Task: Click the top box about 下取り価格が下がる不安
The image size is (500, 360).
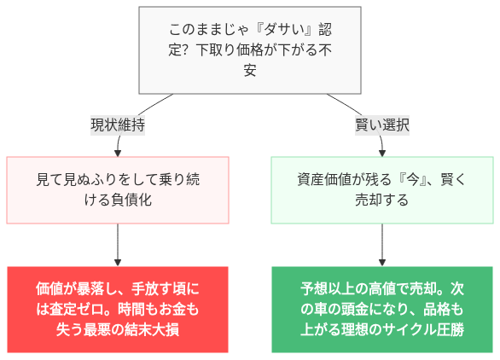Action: pyautogui.click(x=249, y=49)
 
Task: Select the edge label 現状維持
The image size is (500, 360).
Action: pyautogui.click(x=117, y=125)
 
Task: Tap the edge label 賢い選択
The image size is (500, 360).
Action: pyautogui.click(x=382, y=125)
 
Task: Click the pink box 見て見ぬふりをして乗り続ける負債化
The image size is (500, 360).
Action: pyautogui.click(x=118, y=190)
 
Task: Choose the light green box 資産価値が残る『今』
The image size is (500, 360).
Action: pyautogui.click(x=382, y=190)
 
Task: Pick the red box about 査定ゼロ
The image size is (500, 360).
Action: pyautogui.click(x=118, y=309)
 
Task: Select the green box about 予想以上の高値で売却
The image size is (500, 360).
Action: pyautogui.click(x=382, y=309)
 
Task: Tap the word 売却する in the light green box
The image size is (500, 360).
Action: pyautogui.click(x=382, y=201)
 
